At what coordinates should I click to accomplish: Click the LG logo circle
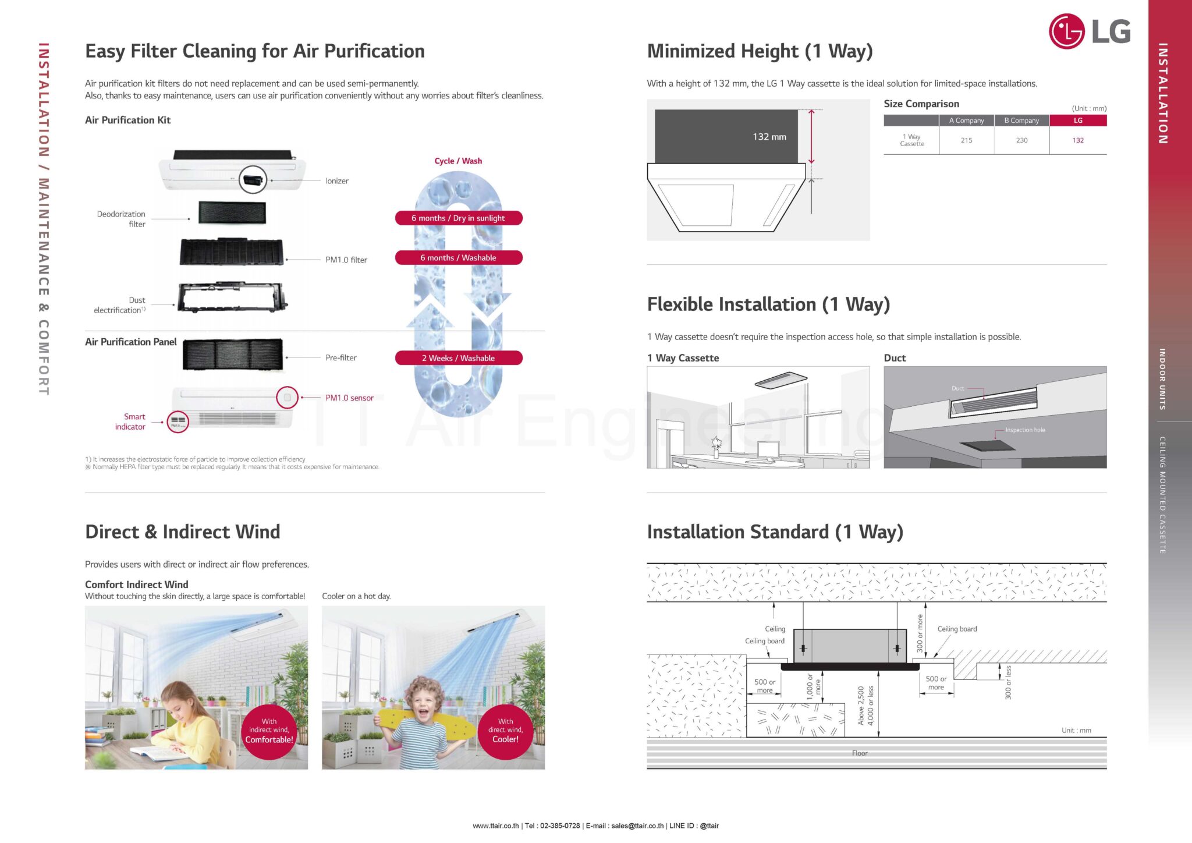coord(1066,31)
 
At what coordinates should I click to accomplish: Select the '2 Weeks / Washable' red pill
coord(459,358)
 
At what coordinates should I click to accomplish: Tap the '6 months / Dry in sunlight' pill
coord(459,218)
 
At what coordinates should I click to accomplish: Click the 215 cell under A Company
coord(966,140)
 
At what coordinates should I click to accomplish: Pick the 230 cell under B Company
coord(1021,140)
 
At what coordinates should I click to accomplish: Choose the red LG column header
coord(1078,121)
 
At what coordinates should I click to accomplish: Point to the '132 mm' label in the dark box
coord(769,137)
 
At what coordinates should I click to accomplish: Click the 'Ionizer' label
coord(337,181)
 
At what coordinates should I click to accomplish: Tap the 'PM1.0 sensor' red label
coord(349,398)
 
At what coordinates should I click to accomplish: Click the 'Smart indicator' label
coord(130,421)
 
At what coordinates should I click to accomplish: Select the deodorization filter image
coord(232,212)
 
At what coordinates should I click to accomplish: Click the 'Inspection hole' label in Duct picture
coord(1025,430)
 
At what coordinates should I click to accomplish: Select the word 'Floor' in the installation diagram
coord(860,753)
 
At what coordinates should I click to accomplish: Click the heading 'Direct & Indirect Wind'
coord(182,532)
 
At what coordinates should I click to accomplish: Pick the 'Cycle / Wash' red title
coord(458,161)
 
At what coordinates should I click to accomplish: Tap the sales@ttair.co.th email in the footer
coord(637,826)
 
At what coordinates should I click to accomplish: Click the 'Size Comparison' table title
coord(921,104)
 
